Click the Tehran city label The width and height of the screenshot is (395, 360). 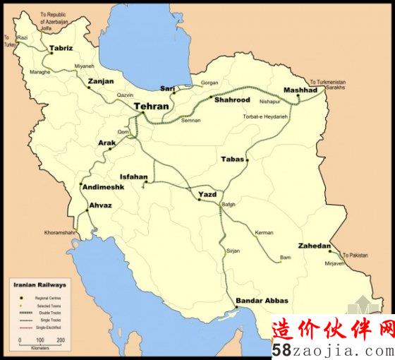pyautogui.click(x=151, y=106)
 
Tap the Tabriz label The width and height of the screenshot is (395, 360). pyautogui.click(x=61, y=49)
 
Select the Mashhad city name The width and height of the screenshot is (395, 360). pyautogui.click(x=301, y=90)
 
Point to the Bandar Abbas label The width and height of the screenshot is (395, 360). pyautogui.click(x=262, y=300)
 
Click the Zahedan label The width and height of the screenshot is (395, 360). pyautogui.click(x=314, y=246)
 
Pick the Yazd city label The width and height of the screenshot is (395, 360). pyautogui.click(x=207, y=193)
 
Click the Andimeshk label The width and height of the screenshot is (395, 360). pyautogui.click(x=103, y=187)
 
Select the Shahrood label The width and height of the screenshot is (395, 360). pyautogui.click(x=233, y=100)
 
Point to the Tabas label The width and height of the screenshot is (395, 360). pyautogui.click(x=232, y=159)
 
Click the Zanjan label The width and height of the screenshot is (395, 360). pyautogui.click(x=100, y=82)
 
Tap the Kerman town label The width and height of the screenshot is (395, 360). pyautogui.click(x=264, y=232)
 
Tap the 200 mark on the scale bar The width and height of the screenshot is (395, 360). pyautogui.click(x=61, y=340)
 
